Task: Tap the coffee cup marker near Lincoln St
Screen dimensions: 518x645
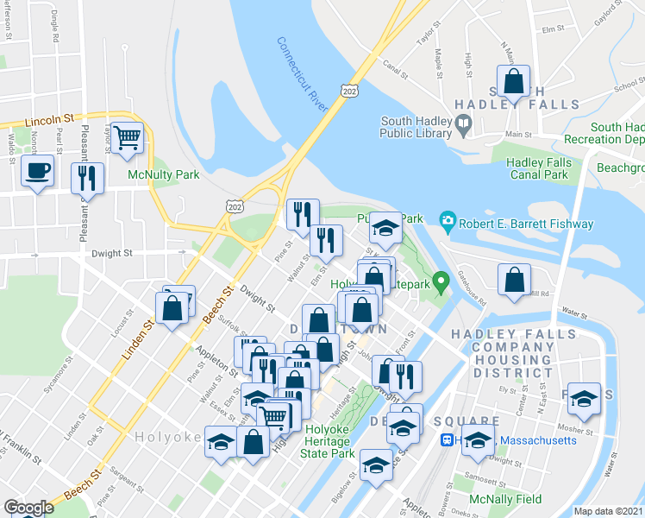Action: (38, 171)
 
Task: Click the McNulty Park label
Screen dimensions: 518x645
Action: (163, 175)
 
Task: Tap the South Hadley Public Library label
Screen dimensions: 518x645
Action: (416, 127)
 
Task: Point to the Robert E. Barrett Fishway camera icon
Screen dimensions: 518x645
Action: (447, 222)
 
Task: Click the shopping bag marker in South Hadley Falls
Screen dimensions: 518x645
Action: (514, 82)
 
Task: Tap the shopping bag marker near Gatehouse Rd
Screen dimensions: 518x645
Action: (514, 280)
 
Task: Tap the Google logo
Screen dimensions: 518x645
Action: (28, 508)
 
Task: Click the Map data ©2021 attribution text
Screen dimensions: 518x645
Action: (607, 511)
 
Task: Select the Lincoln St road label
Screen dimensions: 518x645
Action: (52, 122)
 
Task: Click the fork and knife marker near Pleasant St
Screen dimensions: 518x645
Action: (87, 178)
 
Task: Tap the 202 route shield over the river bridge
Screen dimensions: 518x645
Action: (348, 91)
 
